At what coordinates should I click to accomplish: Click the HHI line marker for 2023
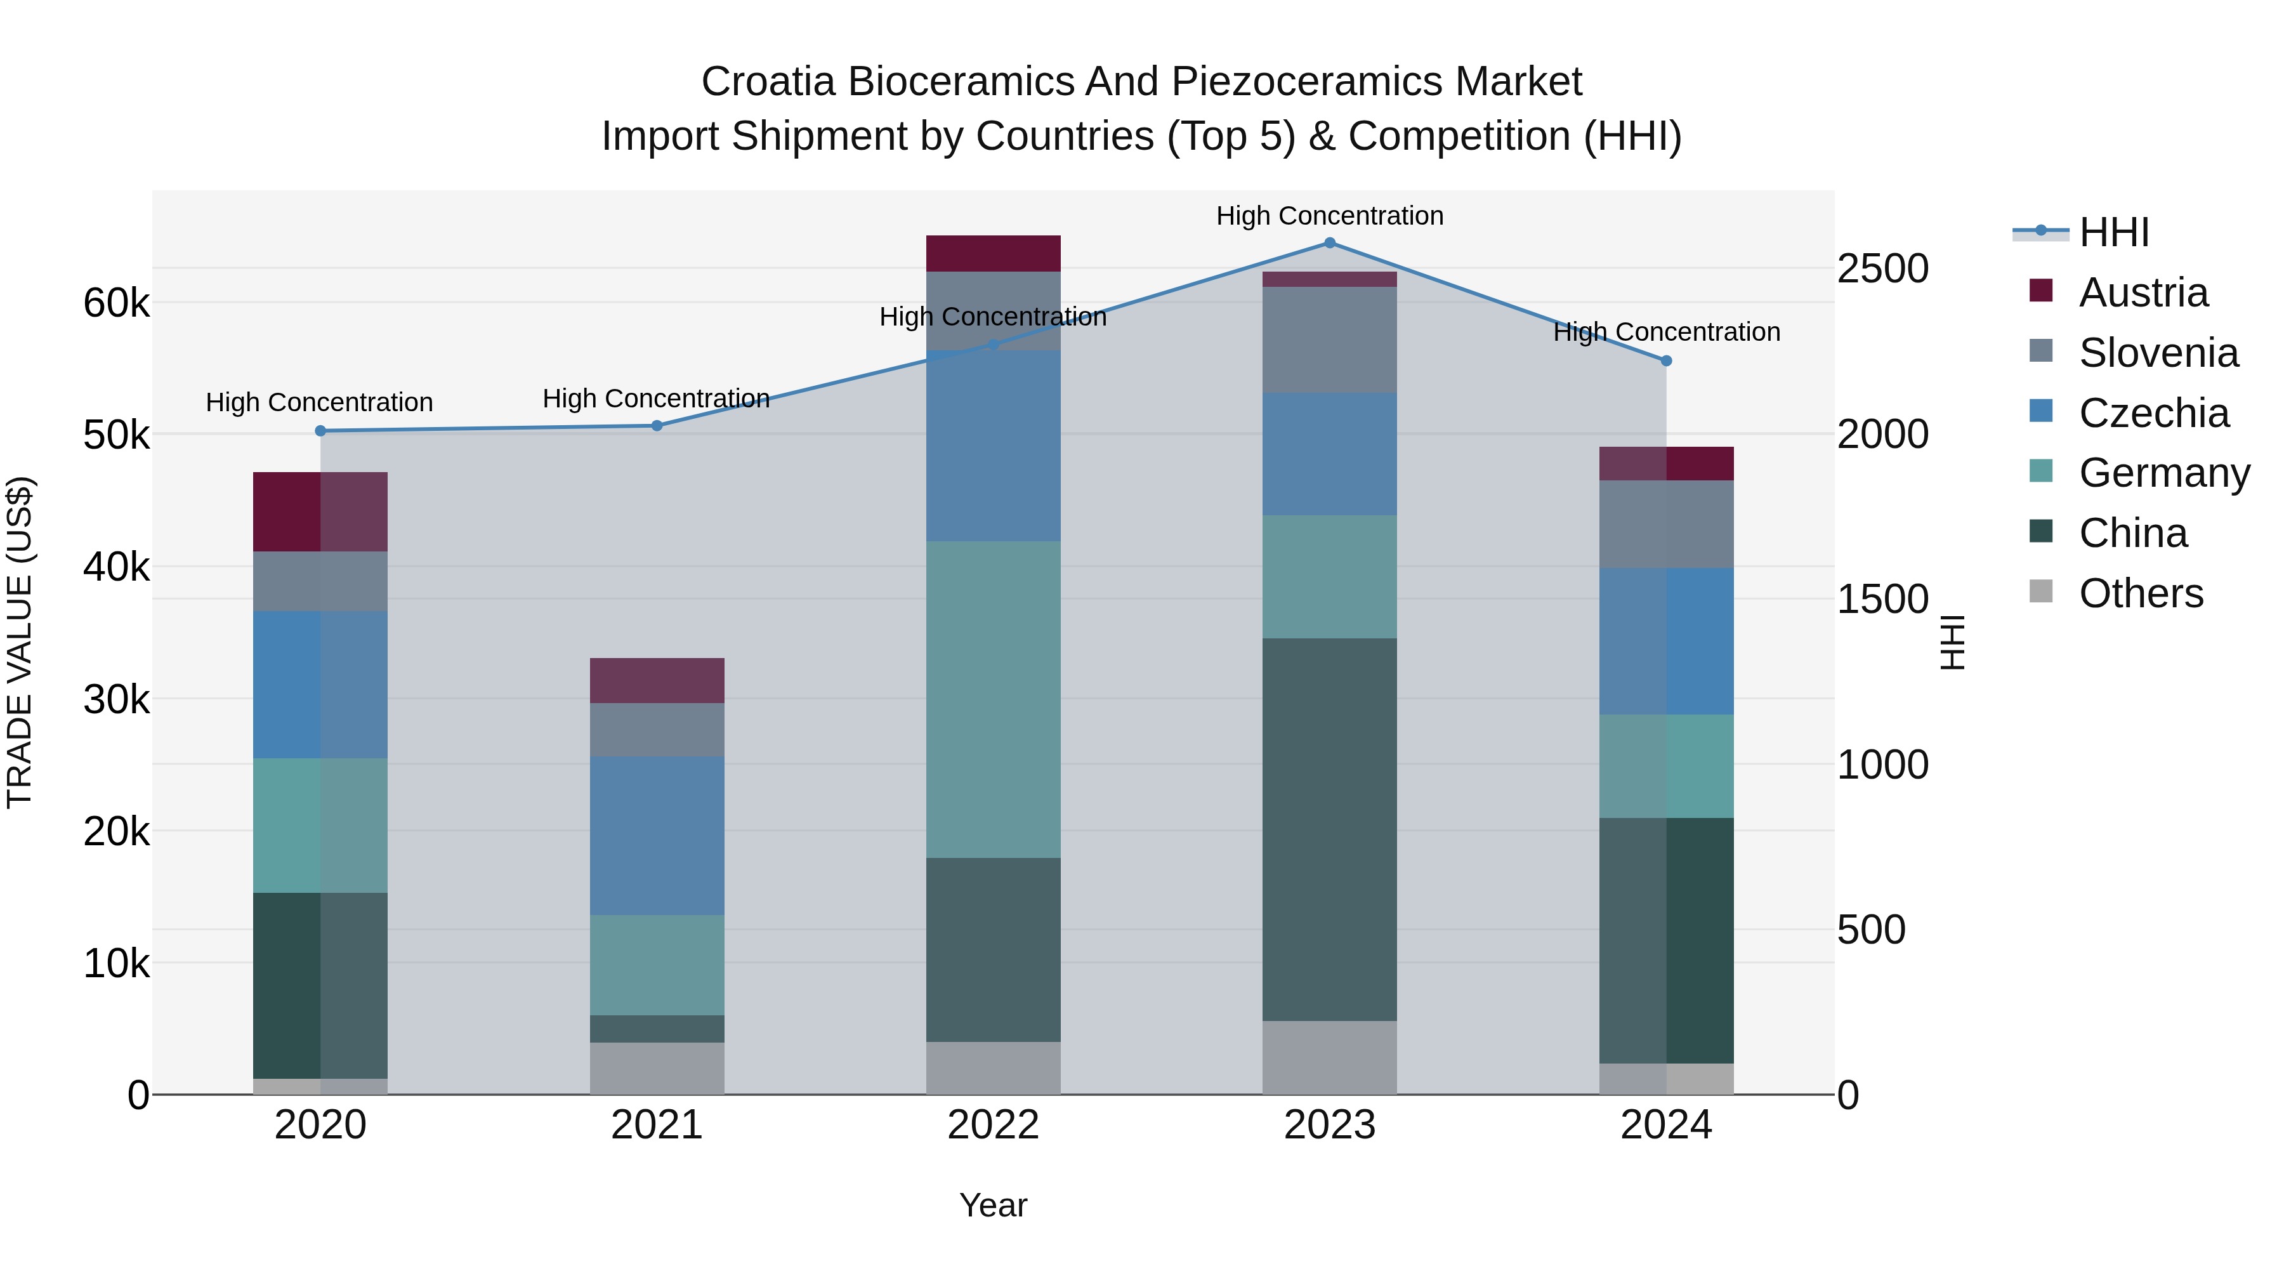click(x=1329, y=243)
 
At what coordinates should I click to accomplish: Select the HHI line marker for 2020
click(x=321, y=431)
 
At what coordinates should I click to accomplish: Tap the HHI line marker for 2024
click(x=1666, y=361)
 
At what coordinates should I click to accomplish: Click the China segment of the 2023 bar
click(x=1329, y=829)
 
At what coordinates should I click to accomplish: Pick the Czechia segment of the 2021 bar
click(x=657, y=835)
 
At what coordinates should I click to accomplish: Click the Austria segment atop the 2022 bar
click(x=993, y=254)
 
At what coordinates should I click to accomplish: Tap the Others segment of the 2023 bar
click(x=1329, y=1057)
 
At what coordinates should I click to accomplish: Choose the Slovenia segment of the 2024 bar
click(x=1666, y=524)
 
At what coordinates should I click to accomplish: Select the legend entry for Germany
click(x=2163, y=473)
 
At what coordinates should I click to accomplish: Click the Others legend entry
click(x=2141, y=593)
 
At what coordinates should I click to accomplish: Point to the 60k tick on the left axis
click(x=116, y=303)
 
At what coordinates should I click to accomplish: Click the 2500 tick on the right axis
click(x=1882, y=268)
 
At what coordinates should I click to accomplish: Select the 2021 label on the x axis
click(x=657, y=1125)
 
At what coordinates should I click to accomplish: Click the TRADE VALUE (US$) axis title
click(x=20, y=642)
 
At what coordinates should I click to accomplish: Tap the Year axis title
click(x=993, y=1205)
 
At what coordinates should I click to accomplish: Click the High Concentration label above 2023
click(x=1329, y=216)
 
